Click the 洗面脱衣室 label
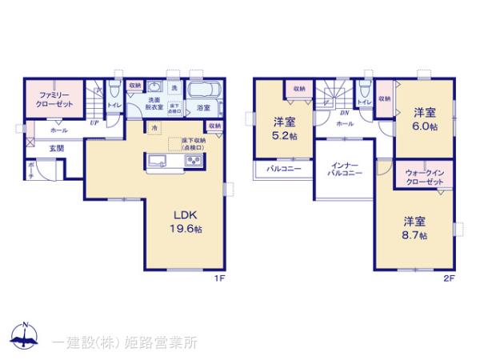click(154, 102)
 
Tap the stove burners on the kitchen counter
click(194, 162)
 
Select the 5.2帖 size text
click(283, 136)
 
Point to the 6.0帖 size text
click(424, 126)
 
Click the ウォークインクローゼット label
click(424, 177)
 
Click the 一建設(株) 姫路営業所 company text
click(124, 342)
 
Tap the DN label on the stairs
click(321, 113)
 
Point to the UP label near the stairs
click(94, 123)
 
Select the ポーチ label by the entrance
click(31, 168)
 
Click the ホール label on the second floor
click(345, 124)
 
